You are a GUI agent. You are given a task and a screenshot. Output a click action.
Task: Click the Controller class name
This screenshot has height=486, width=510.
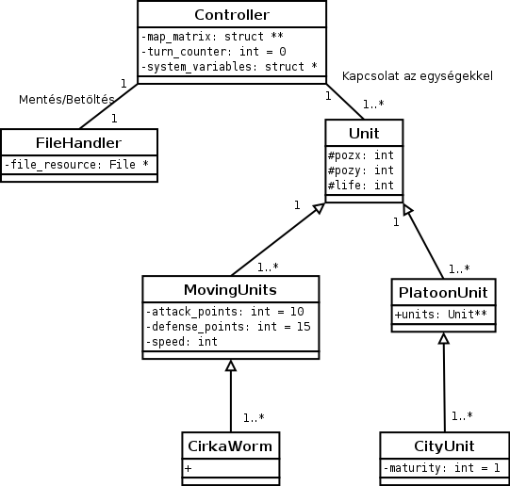coord(231,15)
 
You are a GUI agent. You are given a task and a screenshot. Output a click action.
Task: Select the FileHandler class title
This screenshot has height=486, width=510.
coord(78,143)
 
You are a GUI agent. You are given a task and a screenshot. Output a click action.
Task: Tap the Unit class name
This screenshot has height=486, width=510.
coord(365,133)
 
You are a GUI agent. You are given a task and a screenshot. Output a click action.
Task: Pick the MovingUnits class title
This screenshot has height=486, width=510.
coord(230,287)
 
